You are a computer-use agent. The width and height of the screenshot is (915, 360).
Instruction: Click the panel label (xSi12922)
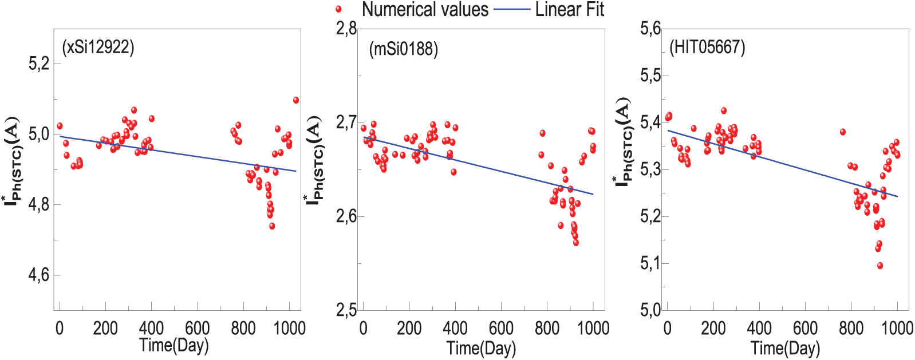98,47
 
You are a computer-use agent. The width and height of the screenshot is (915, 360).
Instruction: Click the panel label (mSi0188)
404,49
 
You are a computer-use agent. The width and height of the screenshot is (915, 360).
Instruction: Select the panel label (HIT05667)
707,47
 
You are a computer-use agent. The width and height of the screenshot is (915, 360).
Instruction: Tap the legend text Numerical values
425,9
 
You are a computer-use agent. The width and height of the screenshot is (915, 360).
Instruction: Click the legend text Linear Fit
569,9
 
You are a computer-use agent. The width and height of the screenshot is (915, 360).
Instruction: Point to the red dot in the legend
338,9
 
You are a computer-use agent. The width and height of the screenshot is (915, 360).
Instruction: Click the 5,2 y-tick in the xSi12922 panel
39,64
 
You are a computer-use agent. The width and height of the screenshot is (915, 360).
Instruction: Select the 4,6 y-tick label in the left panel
39,275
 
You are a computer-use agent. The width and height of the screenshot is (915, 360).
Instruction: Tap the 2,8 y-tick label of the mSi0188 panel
346,28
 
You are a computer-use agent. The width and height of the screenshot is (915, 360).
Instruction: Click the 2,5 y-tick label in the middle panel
346,310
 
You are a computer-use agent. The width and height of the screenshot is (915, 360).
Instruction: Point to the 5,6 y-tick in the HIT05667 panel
650,28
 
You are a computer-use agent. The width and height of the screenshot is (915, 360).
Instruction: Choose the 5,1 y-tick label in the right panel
650,263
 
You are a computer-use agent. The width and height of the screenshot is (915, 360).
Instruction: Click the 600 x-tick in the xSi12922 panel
197,329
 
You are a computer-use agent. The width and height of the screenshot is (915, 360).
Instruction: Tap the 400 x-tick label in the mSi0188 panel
455,329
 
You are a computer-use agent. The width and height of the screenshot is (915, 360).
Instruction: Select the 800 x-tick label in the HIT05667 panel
851,329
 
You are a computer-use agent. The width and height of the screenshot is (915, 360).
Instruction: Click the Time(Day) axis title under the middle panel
481,347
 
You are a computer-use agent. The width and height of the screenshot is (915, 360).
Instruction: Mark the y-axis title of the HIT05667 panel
624,142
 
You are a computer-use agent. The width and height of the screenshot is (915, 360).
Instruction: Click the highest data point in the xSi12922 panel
296,100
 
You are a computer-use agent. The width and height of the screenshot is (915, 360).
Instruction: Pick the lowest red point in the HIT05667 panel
879,266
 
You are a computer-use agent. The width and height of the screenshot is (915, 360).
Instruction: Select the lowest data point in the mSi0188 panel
575,243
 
